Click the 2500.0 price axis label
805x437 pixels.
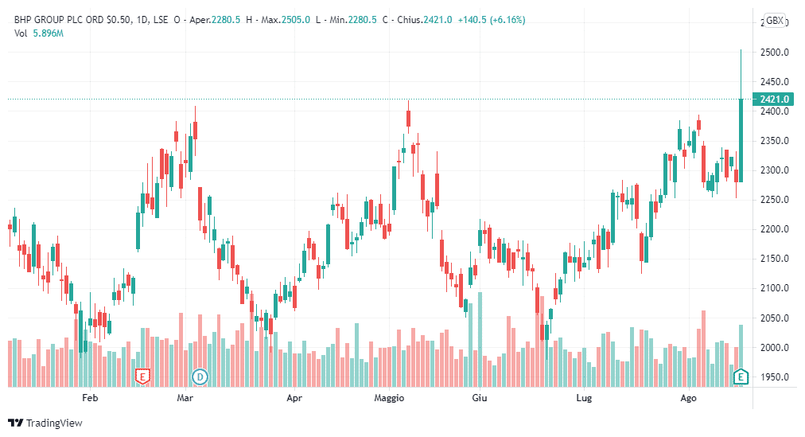[774, 53]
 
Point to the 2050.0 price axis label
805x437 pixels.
[774, 318]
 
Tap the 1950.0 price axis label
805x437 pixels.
[774, 377]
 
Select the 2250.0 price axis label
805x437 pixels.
[774, 201]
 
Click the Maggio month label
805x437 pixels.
[390, 397]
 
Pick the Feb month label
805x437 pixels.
[90, 397]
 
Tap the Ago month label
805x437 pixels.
[689, 397]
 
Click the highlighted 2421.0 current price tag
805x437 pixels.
[774, 99]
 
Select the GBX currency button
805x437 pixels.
[774, 21]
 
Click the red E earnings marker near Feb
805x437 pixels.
[143, 376]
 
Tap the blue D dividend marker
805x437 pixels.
[200, 376]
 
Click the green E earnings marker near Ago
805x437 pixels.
[741, 376]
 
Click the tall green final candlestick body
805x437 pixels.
[741, 139]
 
